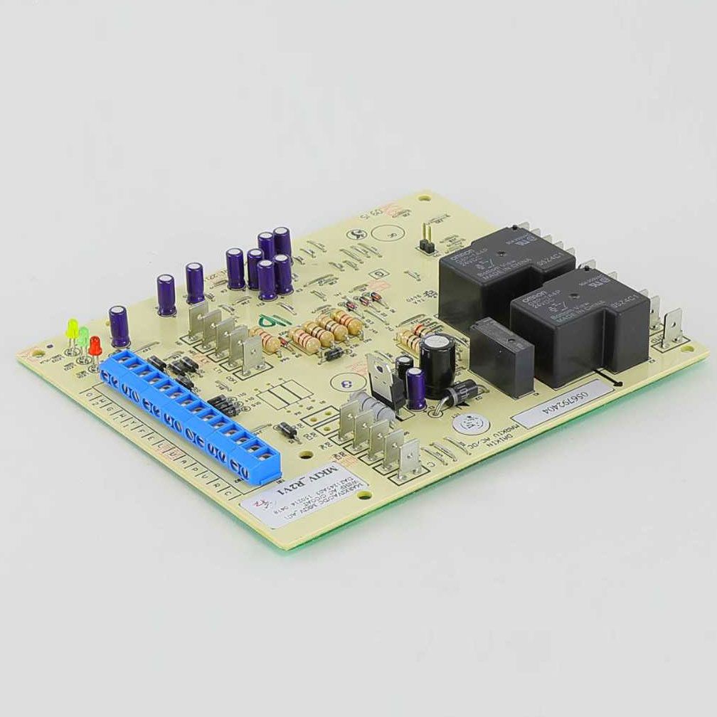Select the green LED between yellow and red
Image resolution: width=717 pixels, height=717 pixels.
(83, 336)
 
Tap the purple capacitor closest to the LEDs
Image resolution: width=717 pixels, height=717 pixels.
(119, 326)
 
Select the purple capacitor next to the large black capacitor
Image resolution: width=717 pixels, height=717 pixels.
(416, 387)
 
